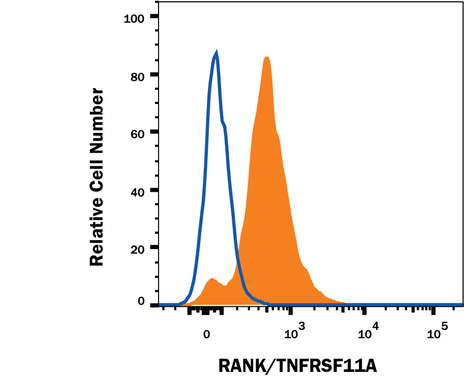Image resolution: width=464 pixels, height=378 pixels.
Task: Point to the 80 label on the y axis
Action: [x=138, y=76]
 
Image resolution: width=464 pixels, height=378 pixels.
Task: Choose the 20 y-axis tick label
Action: [x=138, y=249]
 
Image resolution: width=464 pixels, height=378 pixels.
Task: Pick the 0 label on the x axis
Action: [x=206, y=334]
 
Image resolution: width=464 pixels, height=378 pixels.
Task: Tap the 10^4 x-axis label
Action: [x=367, y=332]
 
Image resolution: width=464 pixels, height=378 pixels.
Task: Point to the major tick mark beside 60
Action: [x=154, y=132]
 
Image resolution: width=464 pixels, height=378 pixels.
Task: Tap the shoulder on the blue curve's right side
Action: [x=223, y=122]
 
